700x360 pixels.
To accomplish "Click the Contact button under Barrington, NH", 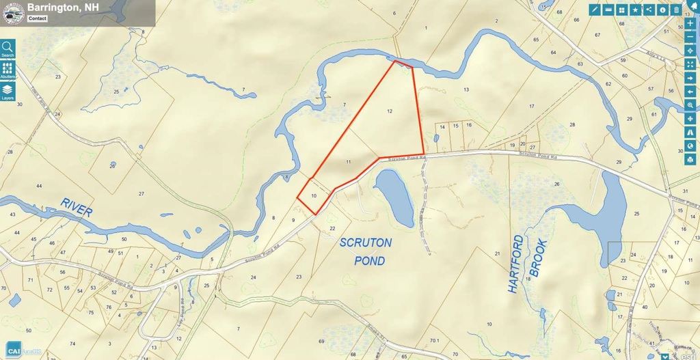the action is tap(38, 18).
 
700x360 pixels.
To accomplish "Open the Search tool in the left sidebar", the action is tap(8, 48).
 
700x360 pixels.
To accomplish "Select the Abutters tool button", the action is tap(8, 71).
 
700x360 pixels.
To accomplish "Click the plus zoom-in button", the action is tap(690, 23).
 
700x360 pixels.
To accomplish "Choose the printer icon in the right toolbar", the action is tap(690, 160).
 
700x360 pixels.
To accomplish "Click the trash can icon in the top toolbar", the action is tap(676, 10).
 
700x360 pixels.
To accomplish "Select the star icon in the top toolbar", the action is tap(635, 10).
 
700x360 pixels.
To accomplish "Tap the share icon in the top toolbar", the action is tap(662, 10).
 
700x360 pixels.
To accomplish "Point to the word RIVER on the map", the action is tap(75, 206).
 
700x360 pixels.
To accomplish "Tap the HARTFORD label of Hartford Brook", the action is tap(517, 264).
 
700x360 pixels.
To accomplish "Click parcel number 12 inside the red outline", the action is tap(389, 111).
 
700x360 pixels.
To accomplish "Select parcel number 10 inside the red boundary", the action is tap(313, 196).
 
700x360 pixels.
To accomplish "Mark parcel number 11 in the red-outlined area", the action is tap(348, 162).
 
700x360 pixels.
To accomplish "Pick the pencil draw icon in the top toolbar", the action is tap(595, 10).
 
